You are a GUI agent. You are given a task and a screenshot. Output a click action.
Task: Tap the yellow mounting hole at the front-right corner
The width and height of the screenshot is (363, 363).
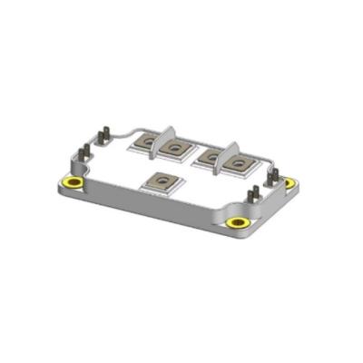pyautogui.click(x=239, y=223)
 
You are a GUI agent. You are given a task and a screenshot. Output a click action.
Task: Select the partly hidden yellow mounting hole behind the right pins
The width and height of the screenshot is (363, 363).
pyautogui.click(x=289, y=182)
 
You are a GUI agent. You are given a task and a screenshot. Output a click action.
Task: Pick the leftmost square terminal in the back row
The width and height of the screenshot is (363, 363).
pyautogui.click(x=145, y=142)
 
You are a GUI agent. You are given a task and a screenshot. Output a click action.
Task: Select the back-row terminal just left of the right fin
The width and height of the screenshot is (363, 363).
pyautogui.click(x=208, y=157)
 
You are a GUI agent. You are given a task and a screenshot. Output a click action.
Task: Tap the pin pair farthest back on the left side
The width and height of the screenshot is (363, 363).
pyautogui.click(x=104, y=135)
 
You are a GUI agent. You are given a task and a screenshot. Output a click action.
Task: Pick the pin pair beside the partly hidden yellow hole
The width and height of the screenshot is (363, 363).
pyautogui.click(x=272, y=172)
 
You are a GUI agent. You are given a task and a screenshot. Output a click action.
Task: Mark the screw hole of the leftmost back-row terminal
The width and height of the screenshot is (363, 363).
pyautogui.click(x=145, y=142)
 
